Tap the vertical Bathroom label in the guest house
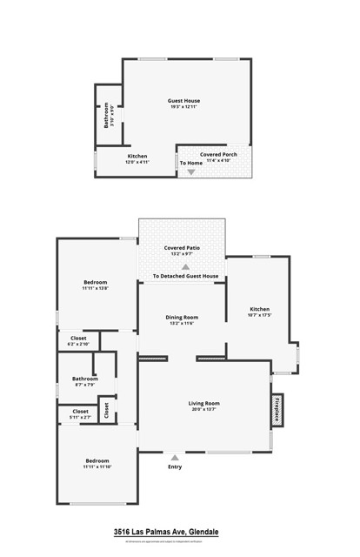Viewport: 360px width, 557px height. (107, 116)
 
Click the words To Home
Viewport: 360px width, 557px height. (191, 163)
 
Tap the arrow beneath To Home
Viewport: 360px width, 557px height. (191, 172)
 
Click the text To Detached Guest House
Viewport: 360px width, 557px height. (185, 277)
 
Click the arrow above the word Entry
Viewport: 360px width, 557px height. (176, 457)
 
